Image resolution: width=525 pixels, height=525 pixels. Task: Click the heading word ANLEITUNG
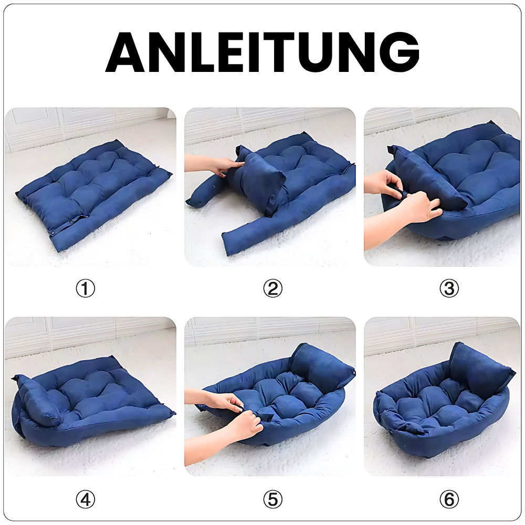pyautogui.click(x=262, y=52)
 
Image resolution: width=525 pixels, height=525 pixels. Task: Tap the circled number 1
pyautogui.click(x=86, y=289)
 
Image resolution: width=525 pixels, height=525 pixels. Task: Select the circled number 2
pyautogui.click(x=272, y=289)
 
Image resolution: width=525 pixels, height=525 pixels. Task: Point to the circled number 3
pyautogui.click(x=449, y=289)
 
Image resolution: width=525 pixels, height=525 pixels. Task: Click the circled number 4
pyautogui.click(x=86, y=499)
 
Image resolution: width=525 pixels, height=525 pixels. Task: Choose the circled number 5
pyautogui.click(x=272, y=499)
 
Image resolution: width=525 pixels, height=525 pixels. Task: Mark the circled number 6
pyautogui.click(x=449, y=499)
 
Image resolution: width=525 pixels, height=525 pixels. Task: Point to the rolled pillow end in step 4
pyautogui.click(x=37, y=402)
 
